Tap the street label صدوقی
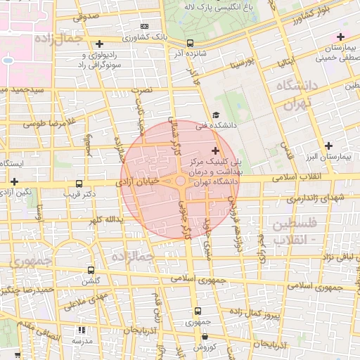(86, 16)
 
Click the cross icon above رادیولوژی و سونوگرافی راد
(99, 44)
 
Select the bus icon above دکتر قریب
(79, 181)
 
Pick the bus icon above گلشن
(91, 270)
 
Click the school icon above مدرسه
(82, 330)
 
